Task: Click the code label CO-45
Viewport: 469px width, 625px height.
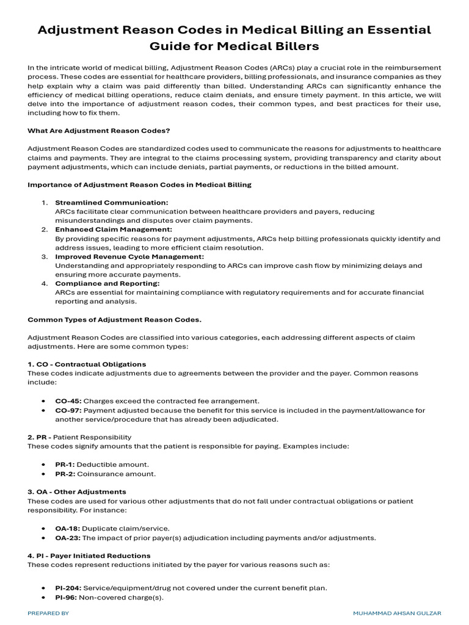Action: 68,401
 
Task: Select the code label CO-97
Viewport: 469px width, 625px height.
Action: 68,411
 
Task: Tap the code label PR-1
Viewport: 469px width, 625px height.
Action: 65,464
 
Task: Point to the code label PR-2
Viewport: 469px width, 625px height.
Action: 65,474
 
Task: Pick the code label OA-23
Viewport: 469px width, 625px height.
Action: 68,538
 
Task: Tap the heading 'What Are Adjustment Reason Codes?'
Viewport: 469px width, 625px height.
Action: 99,130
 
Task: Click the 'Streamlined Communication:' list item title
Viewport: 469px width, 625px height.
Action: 112,202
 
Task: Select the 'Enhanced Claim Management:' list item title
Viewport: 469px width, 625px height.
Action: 114,229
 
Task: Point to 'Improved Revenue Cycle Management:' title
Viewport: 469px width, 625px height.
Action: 129,257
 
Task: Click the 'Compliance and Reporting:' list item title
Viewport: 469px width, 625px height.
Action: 107,284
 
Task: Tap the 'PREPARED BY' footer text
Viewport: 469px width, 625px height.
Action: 49,612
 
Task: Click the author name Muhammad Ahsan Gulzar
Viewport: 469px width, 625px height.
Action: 397,612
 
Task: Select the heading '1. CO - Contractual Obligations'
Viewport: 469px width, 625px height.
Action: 87,364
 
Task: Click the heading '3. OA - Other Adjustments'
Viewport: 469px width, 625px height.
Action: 77,491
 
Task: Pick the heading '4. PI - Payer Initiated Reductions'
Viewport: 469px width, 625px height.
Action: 89,555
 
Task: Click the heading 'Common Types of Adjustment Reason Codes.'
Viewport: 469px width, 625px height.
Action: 115,319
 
